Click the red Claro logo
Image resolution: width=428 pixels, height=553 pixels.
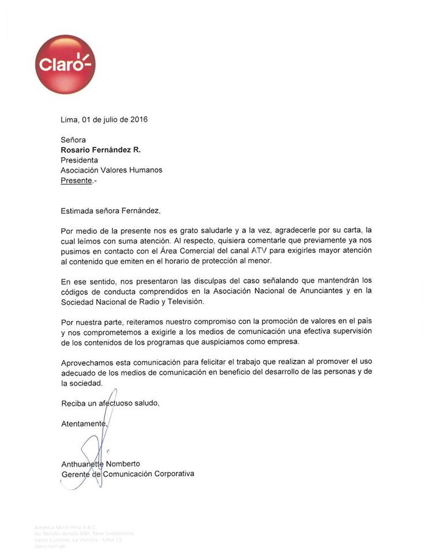click(x=65, y=64)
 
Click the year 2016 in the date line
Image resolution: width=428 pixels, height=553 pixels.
click(x=138, y=120)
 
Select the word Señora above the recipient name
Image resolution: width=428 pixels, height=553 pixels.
click(x=73, y=140)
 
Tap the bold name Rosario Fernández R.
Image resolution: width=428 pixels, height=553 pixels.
click(x=100, y=150)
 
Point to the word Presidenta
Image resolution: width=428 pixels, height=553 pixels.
click(x=80, y=160)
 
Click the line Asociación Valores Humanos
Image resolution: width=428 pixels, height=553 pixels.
click(x=111, y=170)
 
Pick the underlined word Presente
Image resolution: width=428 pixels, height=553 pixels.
click(x=77, y=180)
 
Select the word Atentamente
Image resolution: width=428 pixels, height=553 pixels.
click(x=84, y=423)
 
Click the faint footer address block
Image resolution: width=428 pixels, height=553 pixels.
click(x=84, y=536)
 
